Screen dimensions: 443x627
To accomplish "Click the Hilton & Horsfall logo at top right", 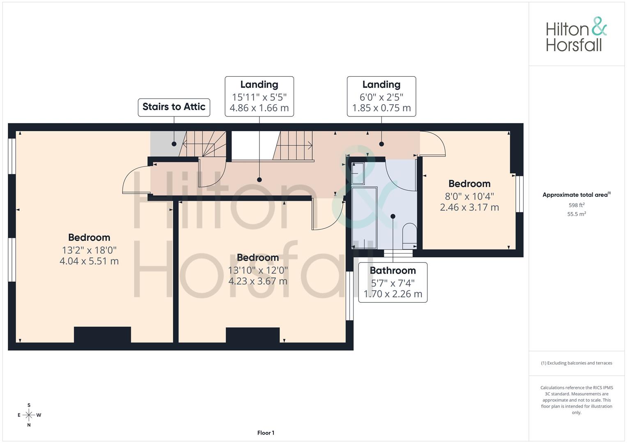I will point(576,34).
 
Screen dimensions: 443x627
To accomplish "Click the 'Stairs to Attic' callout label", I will point(174,107).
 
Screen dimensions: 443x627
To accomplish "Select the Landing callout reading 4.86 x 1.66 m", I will point(259,96).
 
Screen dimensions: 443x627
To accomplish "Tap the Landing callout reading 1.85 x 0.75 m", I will point(381,96).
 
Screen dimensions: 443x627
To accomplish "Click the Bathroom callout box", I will point(393,283).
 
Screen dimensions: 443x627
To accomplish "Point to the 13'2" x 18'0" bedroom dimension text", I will point(89,250).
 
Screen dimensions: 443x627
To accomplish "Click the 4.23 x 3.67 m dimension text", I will point(258,281).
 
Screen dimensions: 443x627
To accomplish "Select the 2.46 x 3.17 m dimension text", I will point(469,208).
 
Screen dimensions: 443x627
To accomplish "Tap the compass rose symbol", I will point(29,415).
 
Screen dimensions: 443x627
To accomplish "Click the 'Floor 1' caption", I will point(266,433).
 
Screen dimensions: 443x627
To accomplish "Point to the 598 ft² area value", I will point(576,205).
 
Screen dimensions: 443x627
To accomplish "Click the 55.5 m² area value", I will point(576,214).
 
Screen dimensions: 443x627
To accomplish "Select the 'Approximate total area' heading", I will point(576,195).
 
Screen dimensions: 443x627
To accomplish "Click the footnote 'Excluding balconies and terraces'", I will point(576,363).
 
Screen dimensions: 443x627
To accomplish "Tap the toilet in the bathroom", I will point(409,235).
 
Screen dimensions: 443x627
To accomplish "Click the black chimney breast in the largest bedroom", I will point(102,335).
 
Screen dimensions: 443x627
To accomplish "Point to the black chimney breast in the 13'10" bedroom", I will point(253,335).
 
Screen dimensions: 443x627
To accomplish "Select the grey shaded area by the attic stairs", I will point(162,144).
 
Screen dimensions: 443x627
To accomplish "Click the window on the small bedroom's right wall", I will point(519,194).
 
